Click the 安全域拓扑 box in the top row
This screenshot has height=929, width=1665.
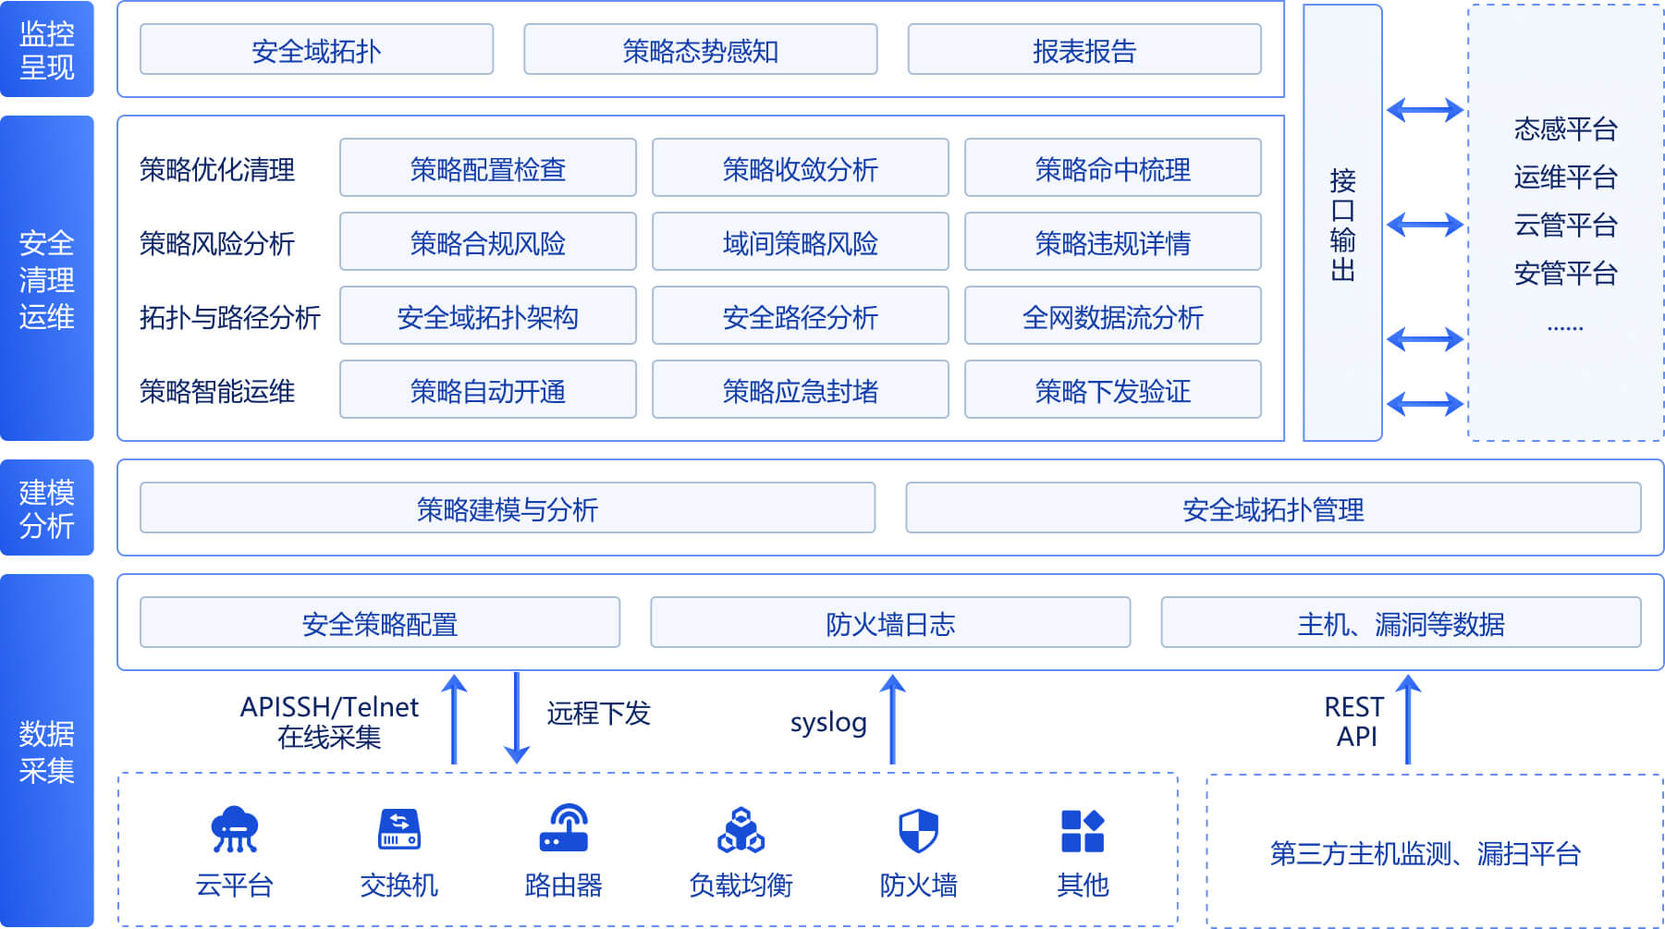pos(316,50)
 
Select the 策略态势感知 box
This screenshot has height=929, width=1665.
pos(700,50)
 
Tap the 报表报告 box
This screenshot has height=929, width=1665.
pos(1083,50)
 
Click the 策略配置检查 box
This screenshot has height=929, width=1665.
pos(487,168)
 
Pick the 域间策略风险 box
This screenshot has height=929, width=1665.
pos(800,242)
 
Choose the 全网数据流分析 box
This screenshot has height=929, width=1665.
pos(1112,316)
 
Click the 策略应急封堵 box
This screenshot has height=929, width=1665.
pos(800,390)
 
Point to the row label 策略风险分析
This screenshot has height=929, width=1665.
pos(216,243)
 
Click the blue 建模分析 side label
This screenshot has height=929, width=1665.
pos(47,507)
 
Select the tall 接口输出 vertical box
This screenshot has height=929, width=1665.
pos(1342,223)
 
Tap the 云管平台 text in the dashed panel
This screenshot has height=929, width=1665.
pos(1565,225)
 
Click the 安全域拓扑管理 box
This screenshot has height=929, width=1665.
pos(1272,508)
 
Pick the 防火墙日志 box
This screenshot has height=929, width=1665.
pos(889,623)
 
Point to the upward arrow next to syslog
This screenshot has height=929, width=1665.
pos(892,719)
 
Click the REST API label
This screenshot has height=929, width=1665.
pos(1354,721)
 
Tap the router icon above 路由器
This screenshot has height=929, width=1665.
pos(563,828)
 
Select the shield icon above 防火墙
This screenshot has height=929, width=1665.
pos(918,830)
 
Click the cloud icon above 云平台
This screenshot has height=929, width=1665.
pos(234,828)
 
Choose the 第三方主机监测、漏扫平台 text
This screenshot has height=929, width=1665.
pos(1425,852)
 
